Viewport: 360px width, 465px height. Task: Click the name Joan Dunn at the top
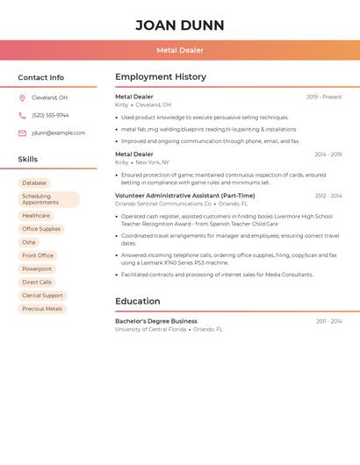pos(180,25)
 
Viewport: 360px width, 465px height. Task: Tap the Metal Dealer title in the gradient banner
pos(180,50)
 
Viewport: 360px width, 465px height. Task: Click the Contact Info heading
pos(41,77)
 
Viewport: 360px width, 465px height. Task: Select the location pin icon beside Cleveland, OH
pos(22,97)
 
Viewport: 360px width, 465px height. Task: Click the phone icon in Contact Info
pos(22,115)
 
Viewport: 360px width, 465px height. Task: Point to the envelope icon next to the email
pos(22,133)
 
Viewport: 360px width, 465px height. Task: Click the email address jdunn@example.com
pos(58,133)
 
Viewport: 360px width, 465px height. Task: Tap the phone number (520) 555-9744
pos(50,115)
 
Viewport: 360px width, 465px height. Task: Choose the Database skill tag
pos(34,182)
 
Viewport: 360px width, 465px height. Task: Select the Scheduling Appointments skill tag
pos(48,199)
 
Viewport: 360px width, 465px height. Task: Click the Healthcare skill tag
pos(36,216)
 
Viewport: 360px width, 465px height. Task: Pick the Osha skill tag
pos(29,242)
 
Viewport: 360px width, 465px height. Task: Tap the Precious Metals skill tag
pos(42,309)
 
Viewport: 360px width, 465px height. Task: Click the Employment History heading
pos(161,77)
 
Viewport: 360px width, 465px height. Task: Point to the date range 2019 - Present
pos(324,97)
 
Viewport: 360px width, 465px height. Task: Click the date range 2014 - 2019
pos(328,154)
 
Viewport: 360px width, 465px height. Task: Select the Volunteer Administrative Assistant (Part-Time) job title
pos(184,196)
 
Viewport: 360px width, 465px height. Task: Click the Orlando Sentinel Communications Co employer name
pos(163,204)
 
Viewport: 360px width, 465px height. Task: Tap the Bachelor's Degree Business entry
pos(156,321)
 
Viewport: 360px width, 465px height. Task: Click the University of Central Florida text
pos(150,329)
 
